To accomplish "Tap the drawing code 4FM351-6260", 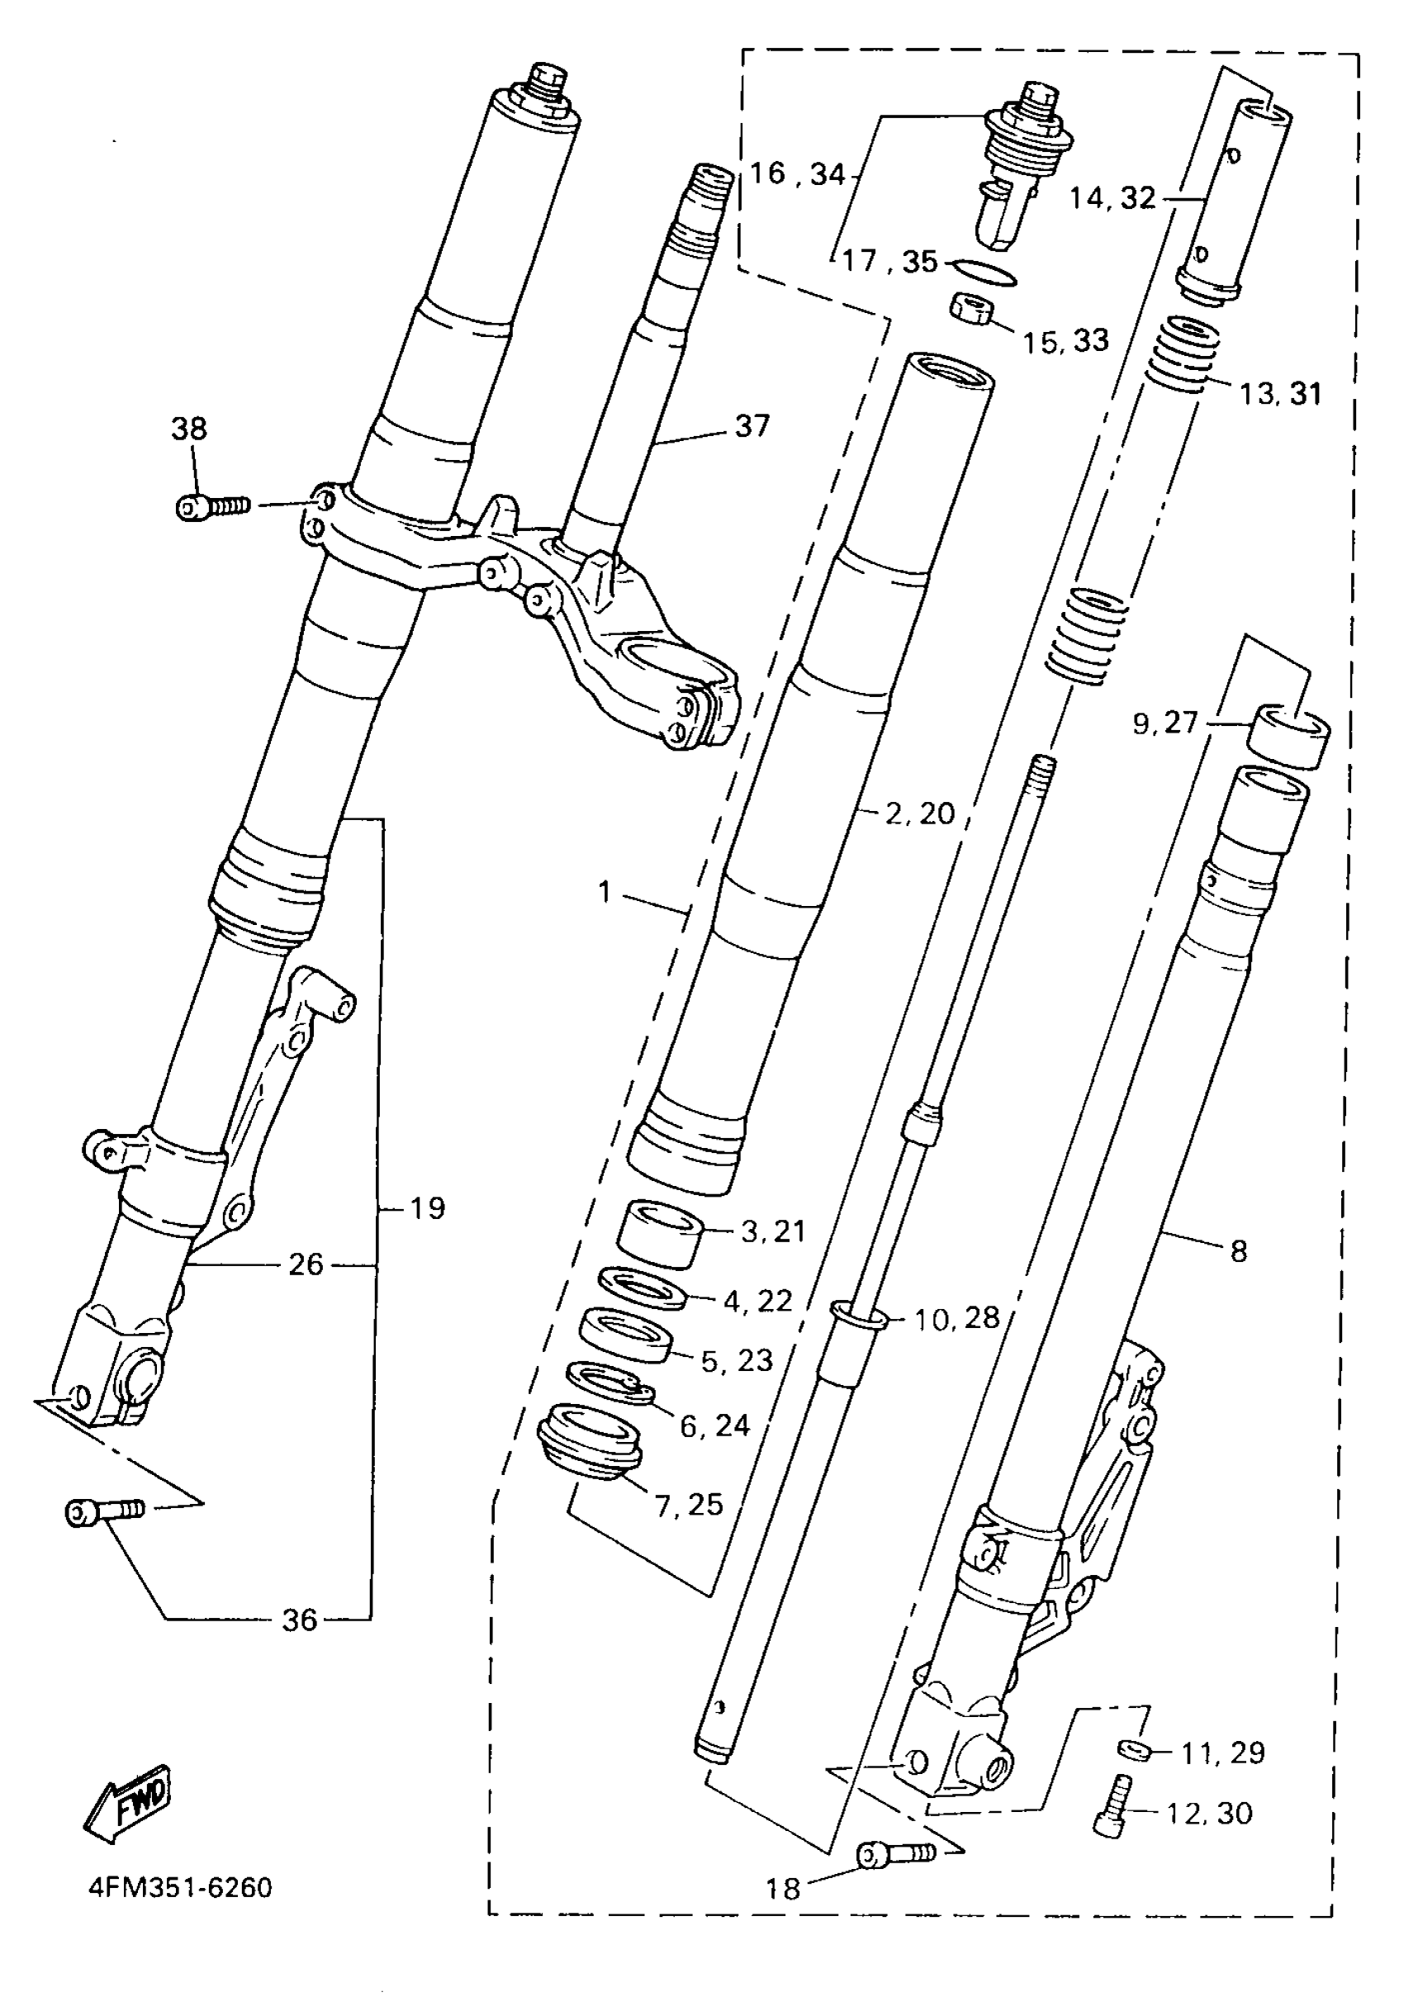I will pyautogui.click(x=180, y=1887).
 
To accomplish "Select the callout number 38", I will pyautogui.click(x=189, y=429).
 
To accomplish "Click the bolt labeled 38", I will pyautogui.click(x=211, y=506).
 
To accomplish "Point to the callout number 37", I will pyautogui.click(x=752, y=426).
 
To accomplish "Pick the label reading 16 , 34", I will pyautogui.click(x=797, y=174).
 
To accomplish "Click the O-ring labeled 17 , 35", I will pyautogui.click(x=984, y=273).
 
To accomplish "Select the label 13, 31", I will pyautogui.click(x=1280, y=393).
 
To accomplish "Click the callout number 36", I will pyautogui.click(x=298, y=1620).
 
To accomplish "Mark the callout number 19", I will pyautogui.click(x=428, y=1208).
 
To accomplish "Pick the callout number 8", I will pyautogui.click(x=1239, y=1250).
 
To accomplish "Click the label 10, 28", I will pyautogui.click(x=957, y=1318).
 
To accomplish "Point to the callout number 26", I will pyautogui.click(x=306, y=1264).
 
